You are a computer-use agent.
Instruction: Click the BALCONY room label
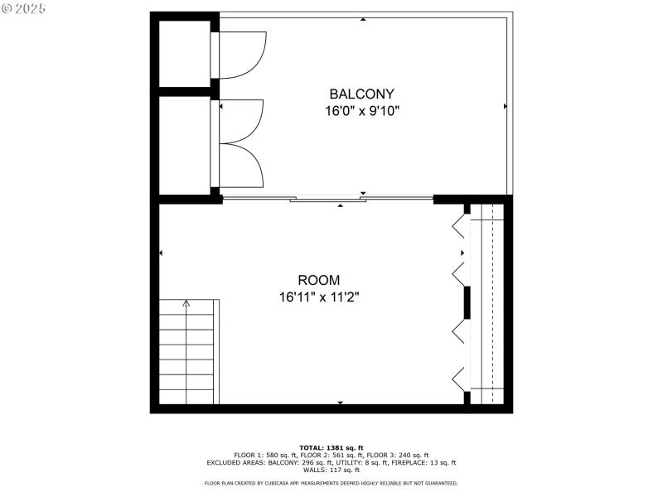pos(361,94)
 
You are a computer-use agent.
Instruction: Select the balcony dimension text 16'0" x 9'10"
pos(362,110)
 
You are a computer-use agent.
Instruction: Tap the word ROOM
pos(319,280)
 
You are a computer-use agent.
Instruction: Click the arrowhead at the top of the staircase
pos(186,304)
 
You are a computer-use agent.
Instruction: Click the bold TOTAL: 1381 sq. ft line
pos(331,447)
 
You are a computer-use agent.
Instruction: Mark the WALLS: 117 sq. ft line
pos(331,470)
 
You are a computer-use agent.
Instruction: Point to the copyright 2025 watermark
pos(24,7)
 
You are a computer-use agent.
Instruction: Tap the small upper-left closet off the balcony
pos(184,53)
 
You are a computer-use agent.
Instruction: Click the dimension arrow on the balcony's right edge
pos(506,107)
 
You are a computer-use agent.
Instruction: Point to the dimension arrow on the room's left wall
pos(161,253)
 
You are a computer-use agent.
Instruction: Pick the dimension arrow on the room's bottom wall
pos(340,403)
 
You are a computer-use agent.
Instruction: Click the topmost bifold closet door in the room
pos(457,224)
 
